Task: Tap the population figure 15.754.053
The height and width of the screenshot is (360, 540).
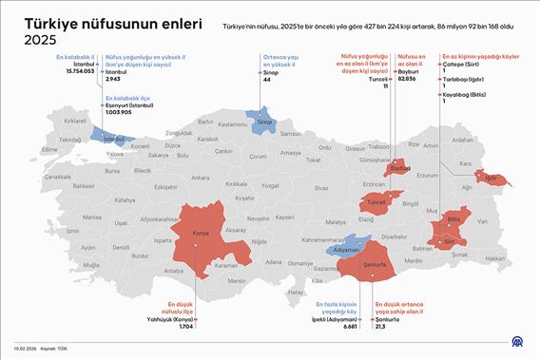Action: (75, 71)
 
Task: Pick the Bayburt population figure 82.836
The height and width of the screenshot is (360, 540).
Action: (407, 78)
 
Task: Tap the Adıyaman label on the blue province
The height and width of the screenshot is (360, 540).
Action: (346, 245)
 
